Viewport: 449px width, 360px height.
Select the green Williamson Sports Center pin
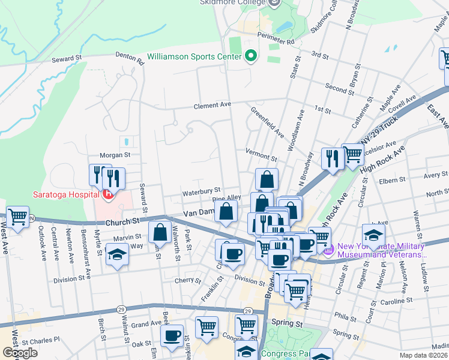[251, 57]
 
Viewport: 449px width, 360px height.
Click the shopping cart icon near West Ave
[18, 217]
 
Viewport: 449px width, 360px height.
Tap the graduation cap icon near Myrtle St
[117, 253]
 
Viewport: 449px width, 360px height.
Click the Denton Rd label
[130, 58]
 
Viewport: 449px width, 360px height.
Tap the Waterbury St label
[202, 191]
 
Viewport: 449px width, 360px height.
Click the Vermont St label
[261, 155]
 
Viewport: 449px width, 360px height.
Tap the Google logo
[20, 353]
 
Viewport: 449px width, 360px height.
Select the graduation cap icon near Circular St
[373, 235]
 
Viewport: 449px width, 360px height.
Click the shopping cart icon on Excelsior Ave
[353, 154]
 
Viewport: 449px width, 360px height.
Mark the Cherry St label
[187, 280]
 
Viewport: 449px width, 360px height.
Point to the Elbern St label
[393, 180]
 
